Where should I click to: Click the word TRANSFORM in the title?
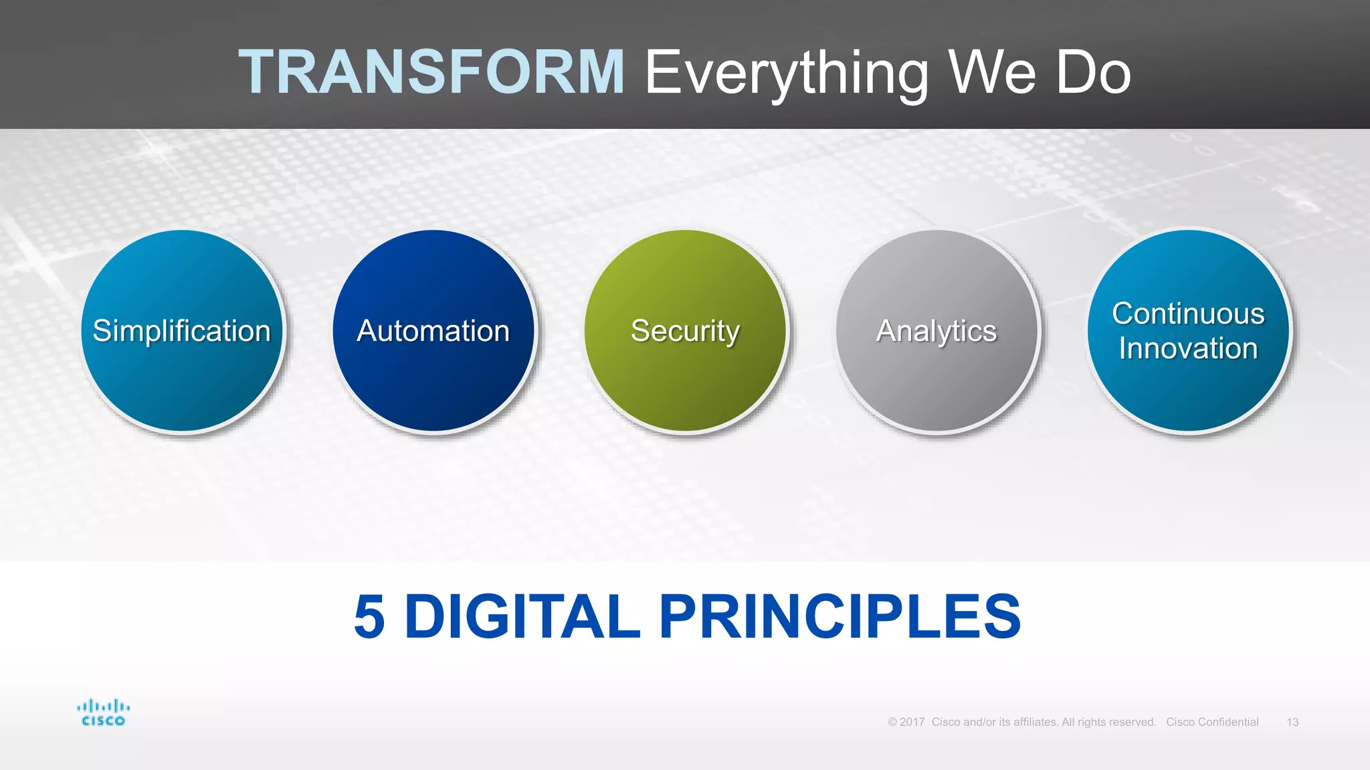[x=431, y=72]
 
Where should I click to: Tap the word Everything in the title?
[x=787, y=73]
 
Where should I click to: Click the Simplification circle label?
[x=181, y=331]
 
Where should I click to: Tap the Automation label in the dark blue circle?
[x=433, y=331]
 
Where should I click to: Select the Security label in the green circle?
[x=685, y=331]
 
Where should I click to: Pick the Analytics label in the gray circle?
[x=937, y=331]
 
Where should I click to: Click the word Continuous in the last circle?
[x=1188, y=313]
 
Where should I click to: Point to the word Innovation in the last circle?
[x=1188, y=348]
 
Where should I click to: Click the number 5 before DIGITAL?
[x=369, y=616]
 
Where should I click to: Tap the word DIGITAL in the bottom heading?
[x=522, y=616]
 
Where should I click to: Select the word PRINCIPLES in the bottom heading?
[x=840, y=616]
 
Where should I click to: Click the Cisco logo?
[x=103, y=713]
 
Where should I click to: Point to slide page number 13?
[x=1292, y=722]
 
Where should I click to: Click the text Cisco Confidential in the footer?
[x=1212, y=722]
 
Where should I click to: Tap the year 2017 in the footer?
[x=912, y=722]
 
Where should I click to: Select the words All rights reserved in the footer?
[x=1108, y=722]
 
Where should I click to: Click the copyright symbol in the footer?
[x=892, y=722]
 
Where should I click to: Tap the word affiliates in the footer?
[x=1035, y=722]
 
